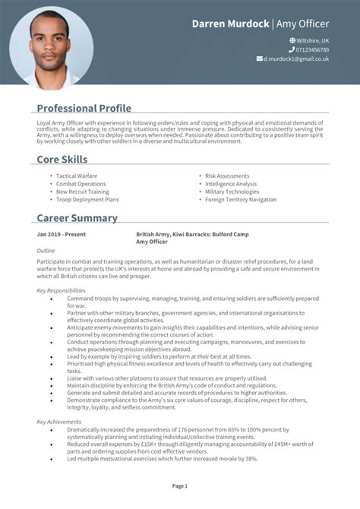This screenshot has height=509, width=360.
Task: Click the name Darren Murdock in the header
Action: point(230,24)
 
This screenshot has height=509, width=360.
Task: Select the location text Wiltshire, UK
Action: point(312,40)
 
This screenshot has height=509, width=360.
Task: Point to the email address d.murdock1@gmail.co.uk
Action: point(296,58)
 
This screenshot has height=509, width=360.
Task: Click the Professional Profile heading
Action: point(84,108)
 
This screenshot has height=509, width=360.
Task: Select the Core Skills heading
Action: point(62,160)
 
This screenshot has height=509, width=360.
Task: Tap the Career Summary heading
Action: point(77,218)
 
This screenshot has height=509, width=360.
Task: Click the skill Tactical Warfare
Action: point(77,175)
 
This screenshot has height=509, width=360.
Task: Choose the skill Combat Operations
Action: point(81,184)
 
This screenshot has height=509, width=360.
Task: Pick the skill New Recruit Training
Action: point(83,191)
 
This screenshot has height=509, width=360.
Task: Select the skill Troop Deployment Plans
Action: point(87,200)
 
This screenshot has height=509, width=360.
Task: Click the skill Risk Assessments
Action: point(227,175)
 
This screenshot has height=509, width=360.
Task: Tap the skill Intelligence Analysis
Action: point(231,184)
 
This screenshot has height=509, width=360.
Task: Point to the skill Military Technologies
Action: point(232,191)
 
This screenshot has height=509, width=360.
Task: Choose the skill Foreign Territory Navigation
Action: point(241,200)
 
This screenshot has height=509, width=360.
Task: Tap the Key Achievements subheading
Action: point(59,421)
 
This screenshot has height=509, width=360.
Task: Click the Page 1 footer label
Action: point(180,485)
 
